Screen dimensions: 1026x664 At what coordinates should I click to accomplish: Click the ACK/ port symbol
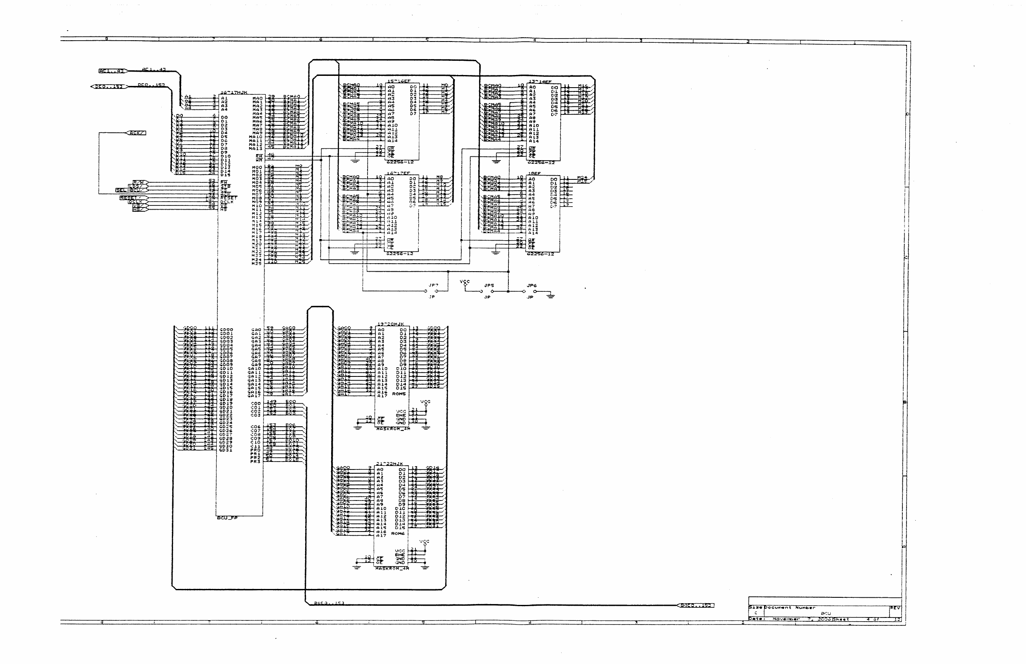(136, 133)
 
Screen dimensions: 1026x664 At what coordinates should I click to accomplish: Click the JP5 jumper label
(489, 285)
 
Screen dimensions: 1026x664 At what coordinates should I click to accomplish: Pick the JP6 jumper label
(531, 285)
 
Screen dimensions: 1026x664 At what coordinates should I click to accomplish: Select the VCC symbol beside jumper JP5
(465, 283)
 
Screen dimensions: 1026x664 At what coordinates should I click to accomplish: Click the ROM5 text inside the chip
(399, 394)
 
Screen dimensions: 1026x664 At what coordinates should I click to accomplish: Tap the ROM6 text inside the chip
(398, 533)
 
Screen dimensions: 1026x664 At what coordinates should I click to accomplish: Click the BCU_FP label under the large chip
(227, 518)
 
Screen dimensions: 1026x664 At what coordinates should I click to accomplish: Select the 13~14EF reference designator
(540, 81)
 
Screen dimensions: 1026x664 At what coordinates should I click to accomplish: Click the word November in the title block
(786, 619)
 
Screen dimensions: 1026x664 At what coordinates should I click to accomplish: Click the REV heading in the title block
(895, 608)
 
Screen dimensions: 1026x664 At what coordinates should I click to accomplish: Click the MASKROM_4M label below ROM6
(392, 568)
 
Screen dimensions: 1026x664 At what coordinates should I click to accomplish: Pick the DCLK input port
(136, 202)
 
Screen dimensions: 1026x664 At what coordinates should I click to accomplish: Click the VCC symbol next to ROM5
(425, 403)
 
